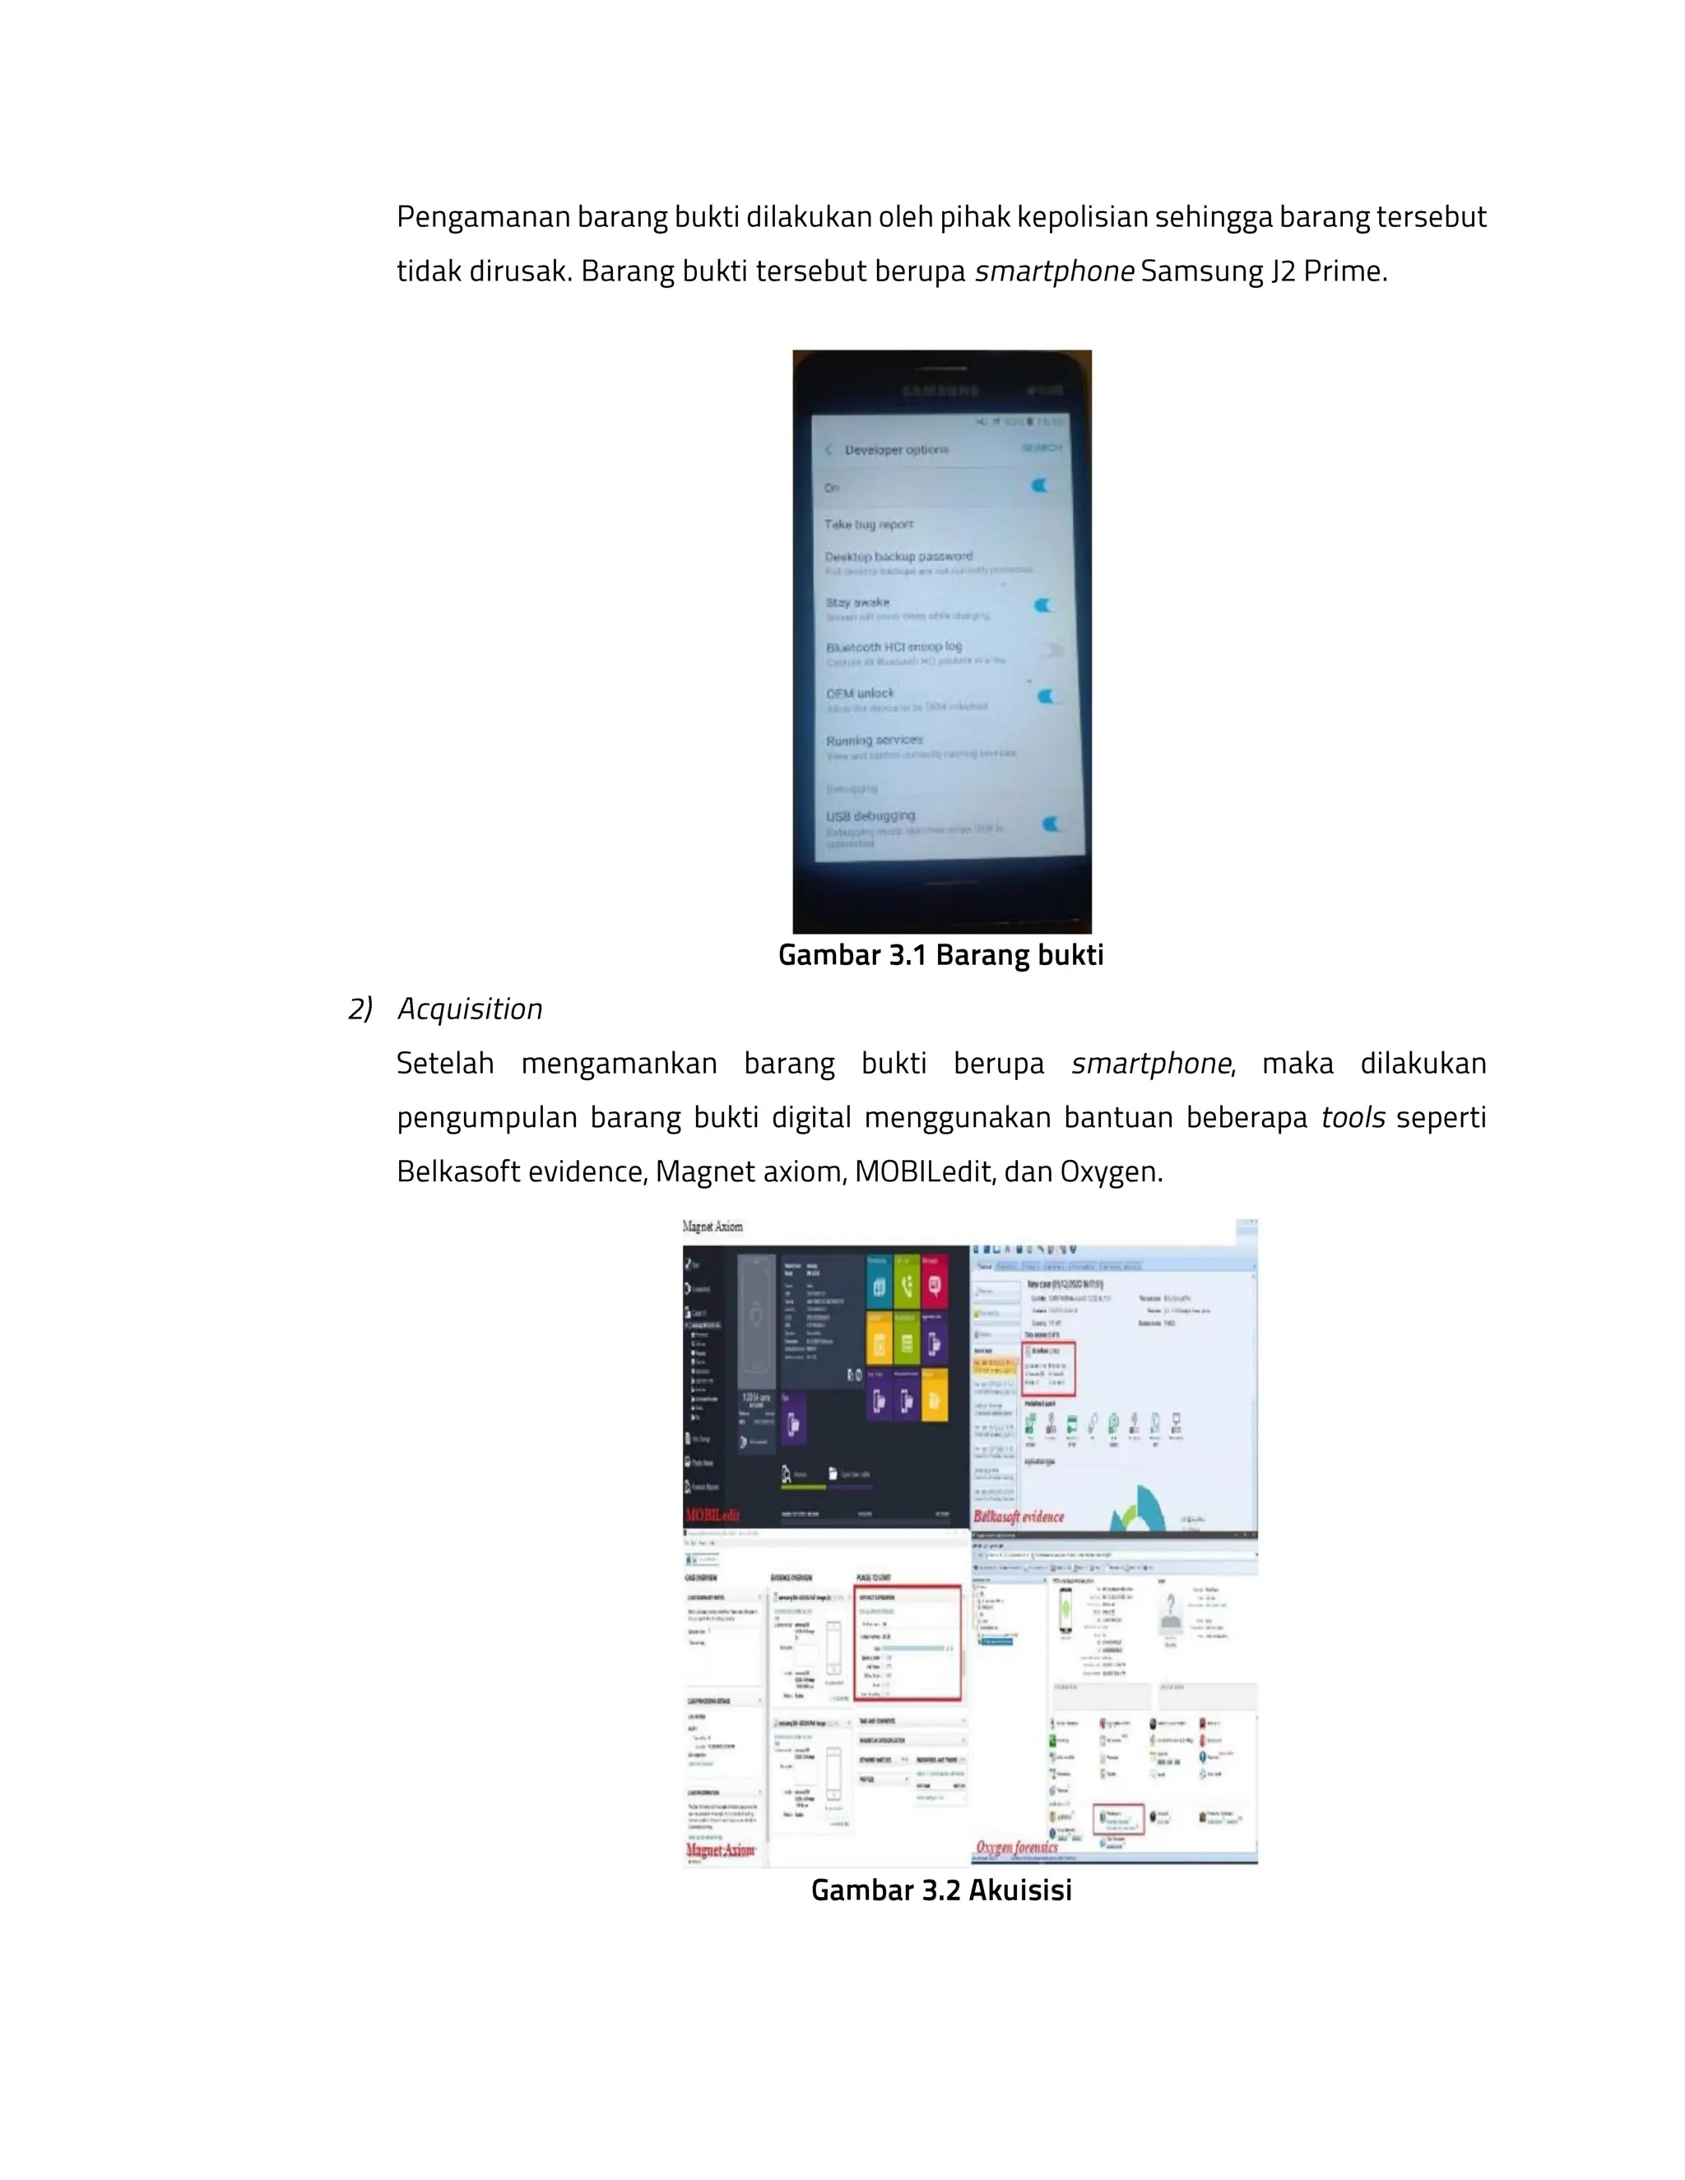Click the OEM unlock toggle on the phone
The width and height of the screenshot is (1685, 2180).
1047,696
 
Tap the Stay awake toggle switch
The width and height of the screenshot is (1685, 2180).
1044,605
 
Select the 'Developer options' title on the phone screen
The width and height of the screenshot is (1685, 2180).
897,450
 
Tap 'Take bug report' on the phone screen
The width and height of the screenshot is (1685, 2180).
869,524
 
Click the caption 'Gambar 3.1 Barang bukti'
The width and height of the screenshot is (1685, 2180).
940,955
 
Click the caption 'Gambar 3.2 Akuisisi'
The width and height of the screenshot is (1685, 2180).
940,1890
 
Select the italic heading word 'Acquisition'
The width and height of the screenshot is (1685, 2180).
469,1009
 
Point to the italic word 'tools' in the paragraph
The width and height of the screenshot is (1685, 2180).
1352,1117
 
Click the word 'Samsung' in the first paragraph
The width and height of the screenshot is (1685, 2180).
1201,271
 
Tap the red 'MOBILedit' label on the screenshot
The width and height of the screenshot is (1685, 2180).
713,1515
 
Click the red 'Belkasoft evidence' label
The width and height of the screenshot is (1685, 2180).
1019,1516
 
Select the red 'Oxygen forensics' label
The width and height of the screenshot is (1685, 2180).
1016,1847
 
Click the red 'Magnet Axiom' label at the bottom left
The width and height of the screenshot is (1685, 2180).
721,1849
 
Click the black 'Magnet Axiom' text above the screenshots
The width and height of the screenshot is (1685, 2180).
713,1227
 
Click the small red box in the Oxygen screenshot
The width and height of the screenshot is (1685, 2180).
1118,1820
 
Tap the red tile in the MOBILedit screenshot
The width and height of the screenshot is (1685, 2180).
935,1282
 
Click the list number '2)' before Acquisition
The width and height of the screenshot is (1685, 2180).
360,1009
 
